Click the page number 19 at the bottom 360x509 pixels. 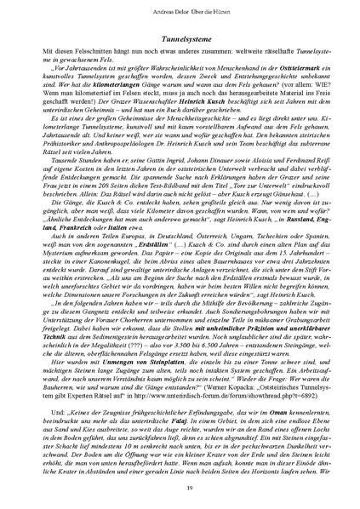point(180,485)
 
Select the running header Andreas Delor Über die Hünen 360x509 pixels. point(180,12)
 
